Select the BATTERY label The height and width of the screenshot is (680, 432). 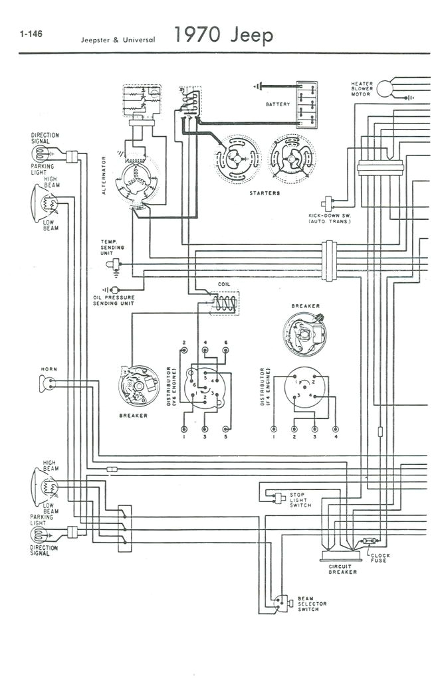point(278,105)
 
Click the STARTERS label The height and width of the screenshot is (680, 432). point(264,193)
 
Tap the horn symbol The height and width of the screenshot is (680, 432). point(45,384)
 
